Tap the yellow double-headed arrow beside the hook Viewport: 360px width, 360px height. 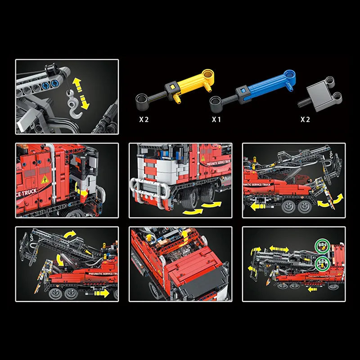(x=81, y=92)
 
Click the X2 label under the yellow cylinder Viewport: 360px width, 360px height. (x=144, y=119)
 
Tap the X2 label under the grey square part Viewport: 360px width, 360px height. (x=305, y=119)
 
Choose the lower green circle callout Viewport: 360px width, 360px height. (x=323, y=263)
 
